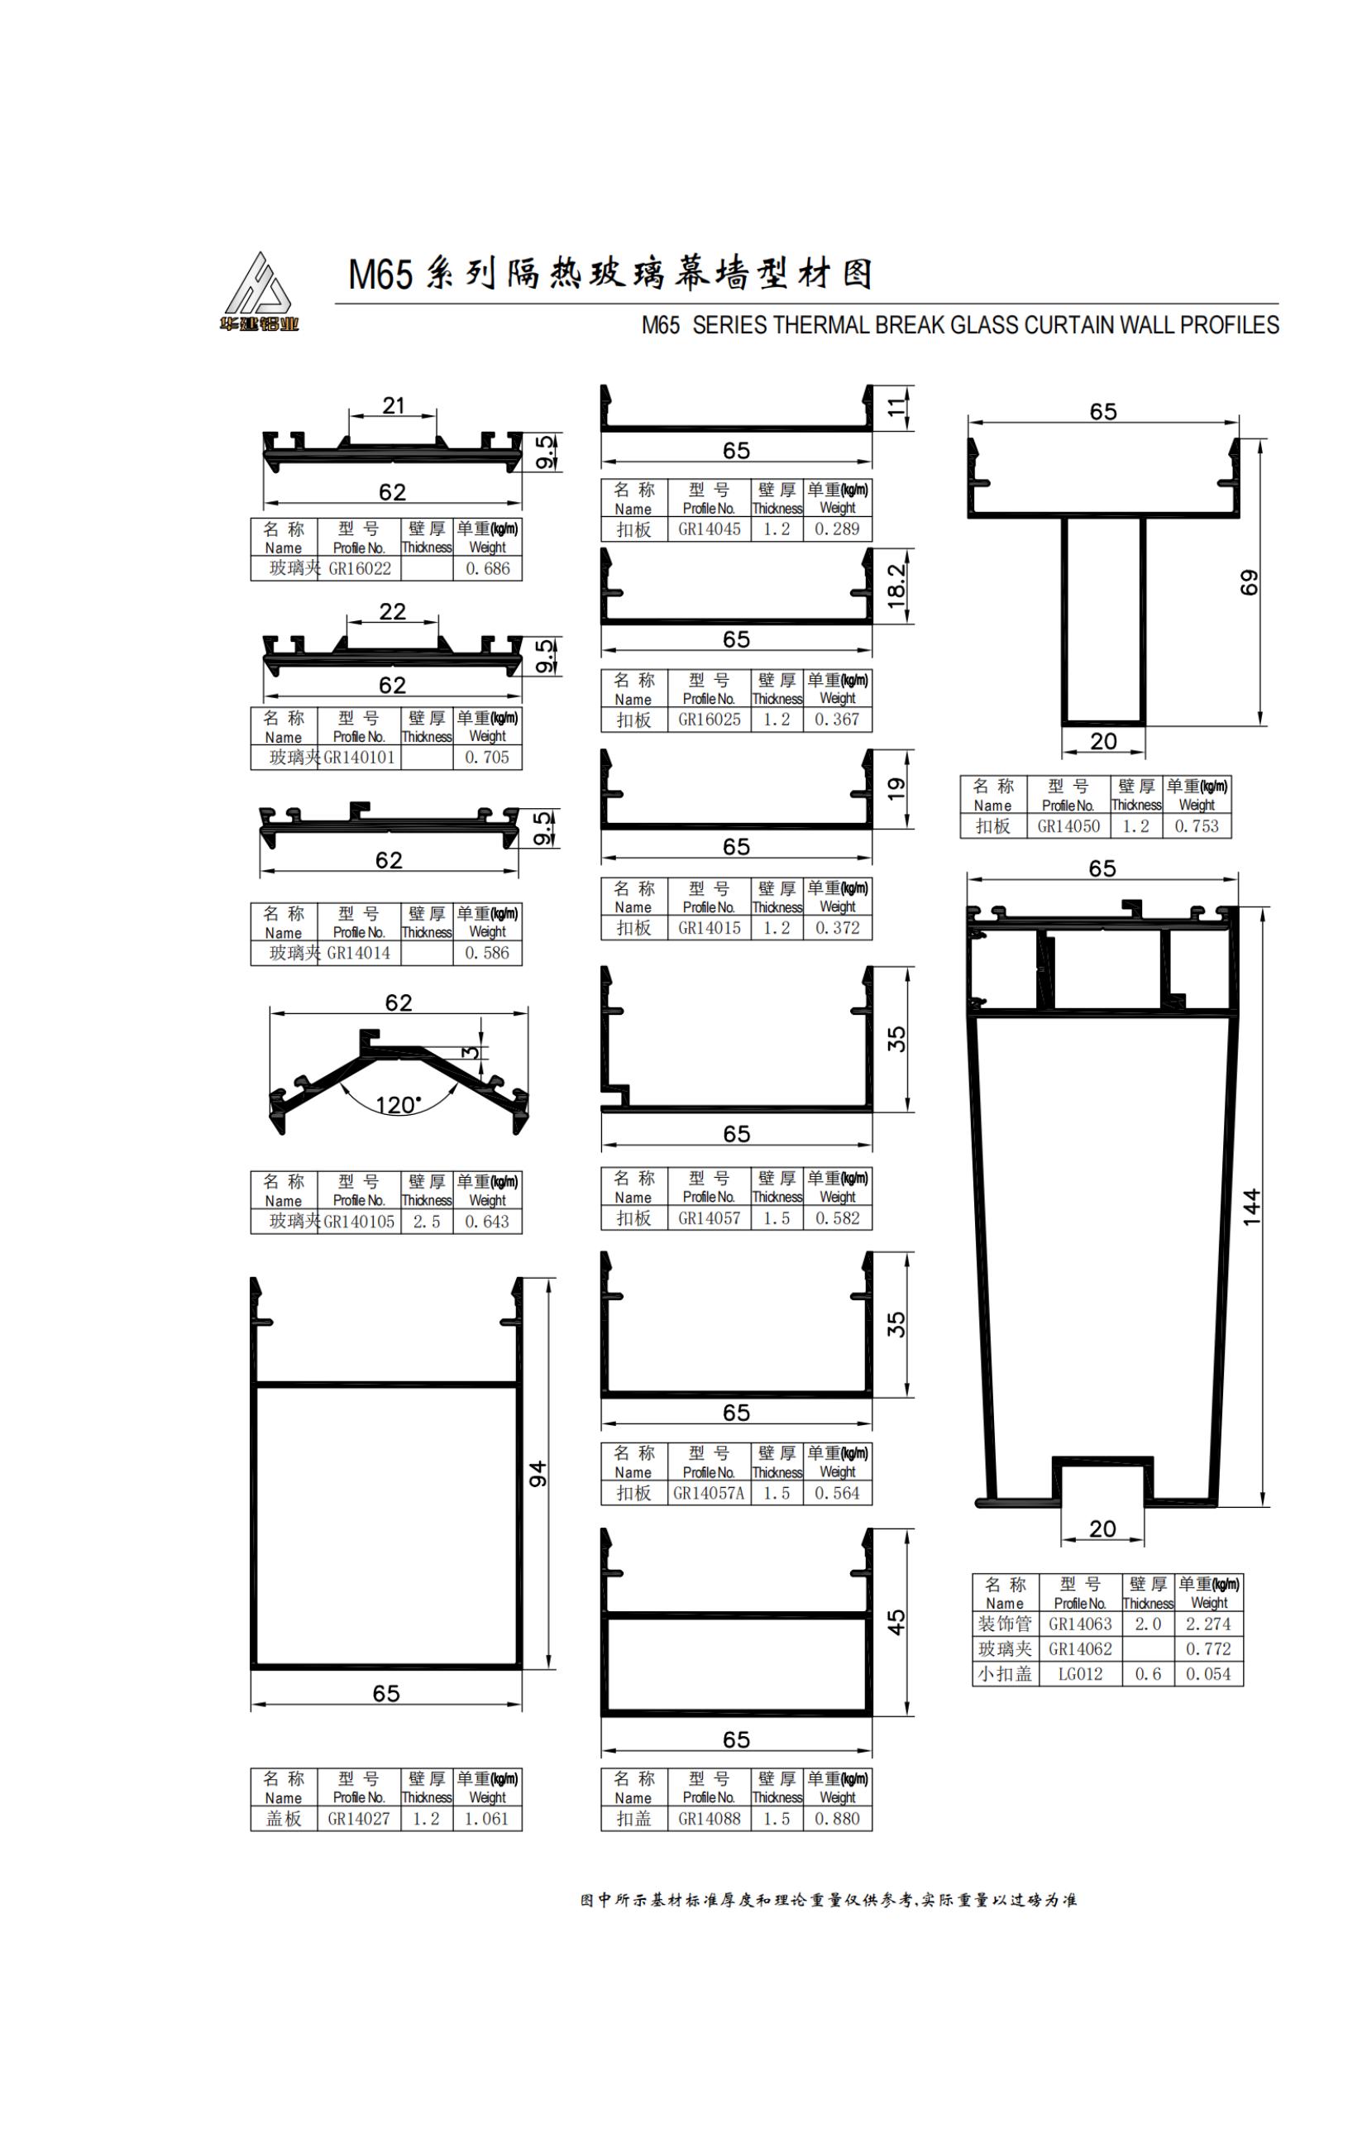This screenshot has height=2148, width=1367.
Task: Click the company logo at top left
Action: click(260, 292)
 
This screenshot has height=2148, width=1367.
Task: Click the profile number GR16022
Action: click(360, 569)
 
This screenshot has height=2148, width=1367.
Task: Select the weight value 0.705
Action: click(487, 758)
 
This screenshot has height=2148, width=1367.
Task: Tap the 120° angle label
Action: click(398, 1105)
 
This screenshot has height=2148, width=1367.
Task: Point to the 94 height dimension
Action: click(538, 1474)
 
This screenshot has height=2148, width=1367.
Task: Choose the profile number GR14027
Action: click(358, 1819)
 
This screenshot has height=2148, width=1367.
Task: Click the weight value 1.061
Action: click(487, 1819)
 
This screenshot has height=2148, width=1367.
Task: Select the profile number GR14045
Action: click(709, 529)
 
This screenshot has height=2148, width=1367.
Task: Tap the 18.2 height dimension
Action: click(896, 585)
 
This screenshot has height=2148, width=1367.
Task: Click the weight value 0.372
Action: click(838, 928)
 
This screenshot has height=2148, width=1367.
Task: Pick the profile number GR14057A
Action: click(709, 1493)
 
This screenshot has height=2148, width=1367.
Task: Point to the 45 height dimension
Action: click(896, 1622)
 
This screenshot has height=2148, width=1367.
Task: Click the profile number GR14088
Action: click(709, 1819)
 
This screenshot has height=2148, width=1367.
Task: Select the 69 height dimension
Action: click(1250, 581)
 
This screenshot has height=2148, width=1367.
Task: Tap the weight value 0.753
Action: click(1196, 826)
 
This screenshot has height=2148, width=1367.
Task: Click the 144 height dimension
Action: click(1252, 1207)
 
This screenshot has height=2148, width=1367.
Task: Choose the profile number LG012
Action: click(1080, 1674)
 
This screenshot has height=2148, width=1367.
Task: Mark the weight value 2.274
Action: click(1208, 1624)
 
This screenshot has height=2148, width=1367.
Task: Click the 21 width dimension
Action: click(394, 406)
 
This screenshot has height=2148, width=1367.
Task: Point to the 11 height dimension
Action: click(896, 408)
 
